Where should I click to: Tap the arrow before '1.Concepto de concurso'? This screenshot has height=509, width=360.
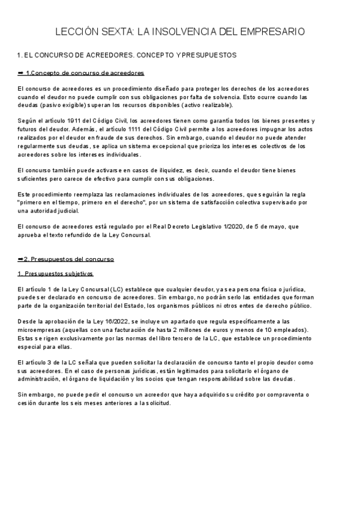(x=22, y=73)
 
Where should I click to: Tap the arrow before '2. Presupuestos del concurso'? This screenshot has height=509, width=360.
(x=22, y=259)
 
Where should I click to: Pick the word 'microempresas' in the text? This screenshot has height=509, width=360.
(x=39, y=330)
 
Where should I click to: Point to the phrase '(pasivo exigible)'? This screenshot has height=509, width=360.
(x=56, y=105)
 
